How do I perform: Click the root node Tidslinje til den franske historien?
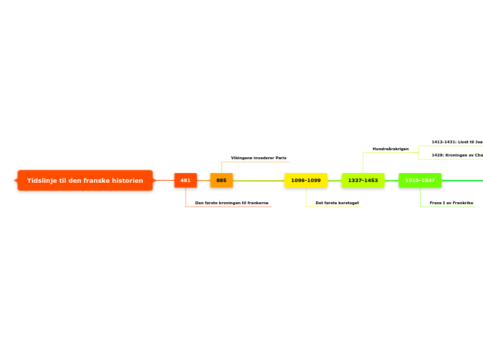(x=85, y=181)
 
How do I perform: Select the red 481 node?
(x=186, y=181)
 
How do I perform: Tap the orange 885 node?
(x=222, y=181)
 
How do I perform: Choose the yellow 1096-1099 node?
(x=306, y=181)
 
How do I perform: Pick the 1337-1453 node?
(x=363, y=181)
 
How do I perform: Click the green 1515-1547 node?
(x=420, y=181)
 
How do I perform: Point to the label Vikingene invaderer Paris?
(x=258, y=158)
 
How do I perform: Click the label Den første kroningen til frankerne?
(x=231, y=203)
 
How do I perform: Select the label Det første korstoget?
(x=337, y=203)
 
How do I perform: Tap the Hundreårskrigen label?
(x=391, y=149)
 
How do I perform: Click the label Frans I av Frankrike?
(x=451, y=203)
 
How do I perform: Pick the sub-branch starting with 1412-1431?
(x=457, y=142)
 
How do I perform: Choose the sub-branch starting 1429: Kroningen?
(x=457, y=155)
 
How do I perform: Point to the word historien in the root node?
(x=129, y=181)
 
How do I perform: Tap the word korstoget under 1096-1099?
(x=348, y=203)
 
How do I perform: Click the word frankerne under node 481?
(x=257, y=203)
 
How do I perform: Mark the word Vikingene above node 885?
(x=242, y=158)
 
